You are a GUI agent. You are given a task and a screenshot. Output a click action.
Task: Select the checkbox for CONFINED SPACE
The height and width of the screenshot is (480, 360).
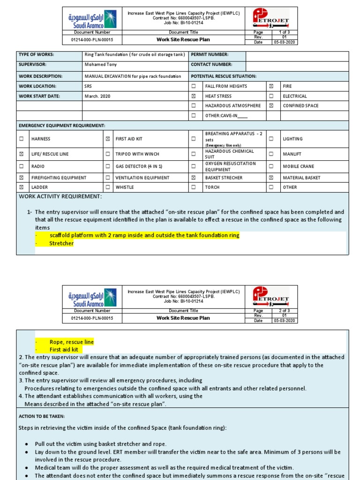point(271,106)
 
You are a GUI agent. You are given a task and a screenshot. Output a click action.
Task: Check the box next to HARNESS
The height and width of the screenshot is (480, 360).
point(21,139)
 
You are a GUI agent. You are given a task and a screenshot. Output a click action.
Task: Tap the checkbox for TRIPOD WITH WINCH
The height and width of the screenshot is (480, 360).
point(108,154)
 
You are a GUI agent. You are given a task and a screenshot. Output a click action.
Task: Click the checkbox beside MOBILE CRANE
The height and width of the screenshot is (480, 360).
point(271,166)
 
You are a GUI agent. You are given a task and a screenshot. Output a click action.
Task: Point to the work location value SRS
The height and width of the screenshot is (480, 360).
point(88,86)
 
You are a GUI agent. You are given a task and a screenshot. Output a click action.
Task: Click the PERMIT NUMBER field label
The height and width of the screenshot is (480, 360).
point(210,55)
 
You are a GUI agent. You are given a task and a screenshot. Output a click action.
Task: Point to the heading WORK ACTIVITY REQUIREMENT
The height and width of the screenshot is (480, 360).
point(60,196)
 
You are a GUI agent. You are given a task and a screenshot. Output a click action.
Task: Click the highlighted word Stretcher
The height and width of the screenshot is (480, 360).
point(61,243)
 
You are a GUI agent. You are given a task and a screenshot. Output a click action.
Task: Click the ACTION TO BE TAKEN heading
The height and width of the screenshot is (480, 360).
point(42,416)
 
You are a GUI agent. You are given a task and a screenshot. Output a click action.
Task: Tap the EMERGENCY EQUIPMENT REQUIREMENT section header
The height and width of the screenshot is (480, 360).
point(62,126)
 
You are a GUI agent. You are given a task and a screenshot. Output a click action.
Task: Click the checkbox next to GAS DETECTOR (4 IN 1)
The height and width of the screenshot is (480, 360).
point(108,166)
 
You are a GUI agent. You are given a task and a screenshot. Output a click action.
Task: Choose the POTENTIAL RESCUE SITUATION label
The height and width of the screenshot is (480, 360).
point(224,76)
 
